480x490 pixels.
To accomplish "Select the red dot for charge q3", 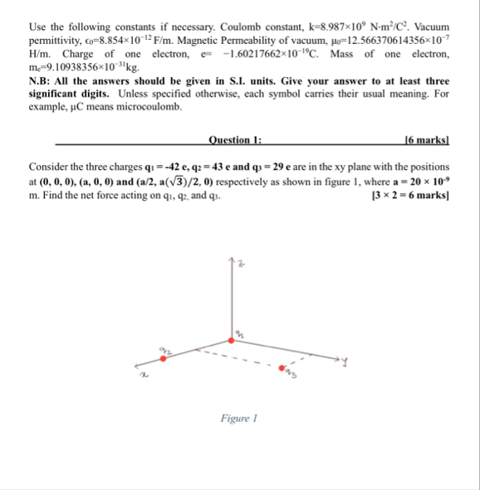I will point(282,367).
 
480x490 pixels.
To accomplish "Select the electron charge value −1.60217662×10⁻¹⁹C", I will point(257,55).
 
